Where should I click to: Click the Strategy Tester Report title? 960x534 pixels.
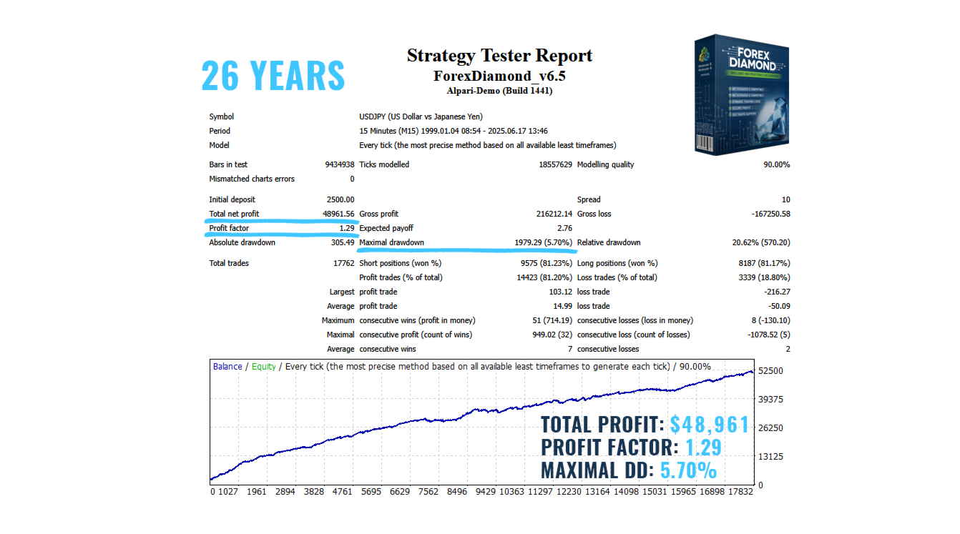pyautogui.click(x=499, y=56)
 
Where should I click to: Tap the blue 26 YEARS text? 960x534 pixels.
pyautogui.click(x=273, y=76)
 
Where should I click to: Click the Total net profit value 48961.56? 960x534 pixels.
pyautogui.click(x=338, y=214)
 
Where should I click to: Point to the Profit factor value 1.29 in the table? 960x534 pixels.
pyautogui.click(x=347, y=228)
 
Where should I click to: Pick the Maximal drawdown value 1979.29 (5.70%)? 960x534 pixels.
pyautogui.click(x=543, y=242)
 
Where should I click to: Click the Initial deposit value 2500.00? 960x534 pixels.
pyautogui.click(x=341, y=199)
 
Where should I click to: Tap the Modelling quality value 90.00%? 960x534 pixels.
pyautogui.click(x=776, y=164)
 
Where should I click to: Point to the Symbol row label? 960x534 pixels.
pyautogui.click(x=221, y=117)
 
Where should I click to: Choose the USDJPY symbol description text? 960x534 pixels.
pyautogui.click(x=421, y=117)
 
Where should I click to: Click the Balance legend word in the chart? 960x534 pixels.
pyautogui.click(x=227, y=367)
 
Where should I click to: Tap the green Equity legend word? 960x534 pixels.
pyautogui.click(x=263, y=367)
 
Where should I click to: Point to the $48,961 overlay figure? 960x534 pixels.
pyautogui.click(x=709, y=425)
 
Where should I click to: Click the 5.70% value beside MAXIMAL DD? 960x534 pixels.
pyautogui.click(x=688, y=470)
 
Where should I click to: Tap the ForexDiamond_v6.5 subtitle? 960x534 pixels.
pyautogui.click(x=499, y=76)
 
